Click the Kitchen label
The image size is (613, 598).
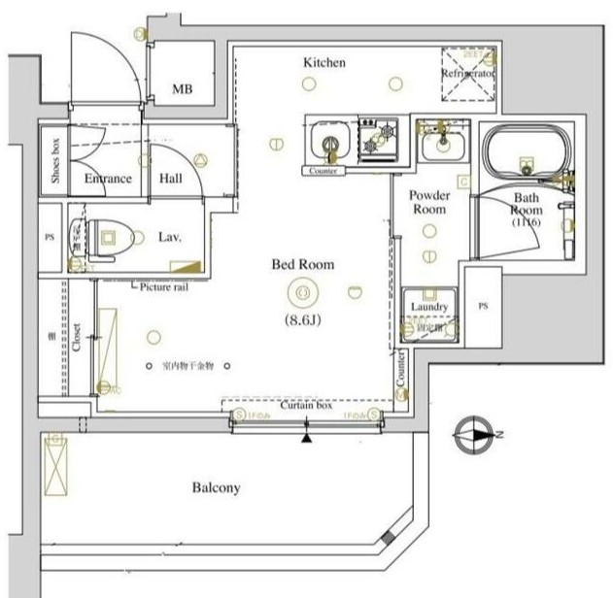pos(324,62)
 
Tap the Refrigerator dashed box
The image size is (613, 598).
pos(468,74)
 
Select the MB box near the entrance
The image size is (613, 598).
pos(182,90)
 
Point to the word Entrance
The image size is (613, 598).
pos(107,179)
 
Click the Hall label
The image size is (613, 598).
pos(171,179)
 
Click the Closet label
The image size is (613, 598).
pos(76,336)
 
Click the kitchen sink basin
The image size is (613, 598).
pos(329,144)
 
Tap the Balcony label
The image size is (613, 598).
pos(215,487)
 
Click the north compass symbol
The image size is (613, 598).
pos(473,434)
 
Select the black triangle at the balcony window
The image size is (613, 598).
pos(308,438)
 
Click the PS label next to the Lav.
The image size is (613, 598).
pos(51,236)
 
